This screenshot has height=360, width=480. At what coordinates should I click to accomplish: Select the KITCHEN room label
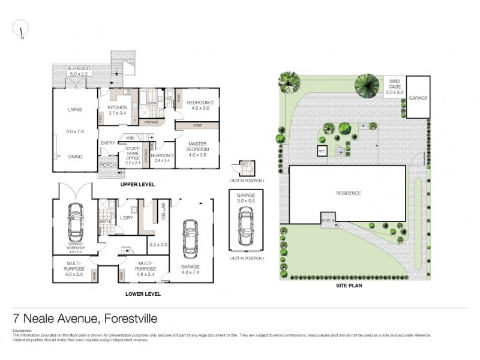click(x=117, y=109)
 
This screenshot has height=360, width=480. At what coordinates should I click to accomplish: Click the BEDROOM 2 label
click(x=198, y=102)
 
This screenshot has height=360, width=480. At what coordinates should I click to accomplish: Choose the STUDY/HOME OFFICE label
click(x=133, y=152)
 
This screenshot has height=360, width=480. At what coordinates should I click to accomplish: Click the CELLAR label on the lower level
click(x=162, y=212)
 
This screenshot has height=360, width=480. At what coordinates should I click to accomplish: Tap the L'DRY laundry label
click(x=126, y=217)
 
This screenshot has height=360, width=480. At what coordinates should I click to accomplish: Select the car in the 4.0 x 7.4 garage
click(x=190, y=236)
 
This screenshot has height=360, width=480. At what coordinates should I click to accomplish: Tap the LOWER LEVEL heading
click(x=142, y=295)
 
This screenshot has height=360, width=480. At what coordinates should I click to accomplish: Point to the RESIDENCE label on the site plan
click(x=348, y=193)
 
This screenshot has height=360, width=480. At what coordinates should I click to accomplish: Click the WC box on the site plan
click(x=322, y=151)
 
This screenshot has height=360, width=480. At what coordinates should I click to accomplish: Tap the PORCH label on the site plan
click(x=328, y=219)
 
